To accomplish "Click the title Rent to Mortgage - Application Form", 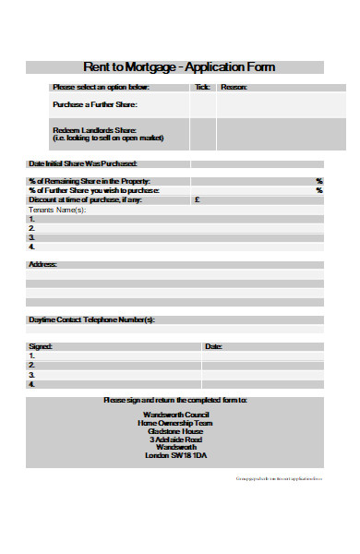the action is (x=179, y=67).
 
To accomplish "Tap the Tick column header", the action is (x=202, y=87).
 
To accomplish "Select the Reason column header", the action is (x=234, y=87).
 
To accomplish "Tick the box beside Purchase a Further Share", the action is (x=202, y=104).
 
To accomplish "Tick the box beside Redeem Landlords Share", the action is (x=202, y=134).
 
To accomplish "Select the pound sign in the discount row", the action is (x=197, y=199).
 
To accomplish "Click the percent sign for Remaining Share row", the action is (x=319, y=181).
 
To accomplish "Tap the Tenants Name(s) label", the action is (x=56, y=210).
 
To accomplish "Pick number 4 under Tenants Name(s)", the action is (x=32, y=247).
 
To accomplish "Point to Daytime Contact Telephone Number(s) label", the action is (x=91, y=319).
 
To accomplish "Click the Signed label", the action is (x=41, y=346).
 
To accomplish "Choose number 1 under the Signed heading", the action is (x=32, y=355).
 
